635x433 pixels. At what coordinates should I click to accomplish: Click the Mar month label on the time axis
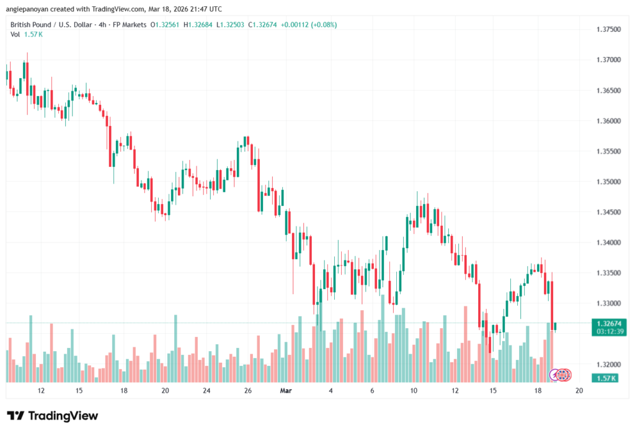(286, 391)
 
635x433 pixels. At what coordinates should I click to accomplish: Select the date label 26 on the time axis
(247, 391)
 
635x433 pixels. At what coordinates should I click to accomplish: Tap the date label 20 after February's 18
(165, 391)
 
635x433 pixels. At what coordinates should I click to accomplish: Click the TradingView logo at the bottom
(53, 416)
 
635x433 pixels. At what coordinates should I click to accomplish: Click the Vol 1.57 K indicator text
(27, 34)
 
